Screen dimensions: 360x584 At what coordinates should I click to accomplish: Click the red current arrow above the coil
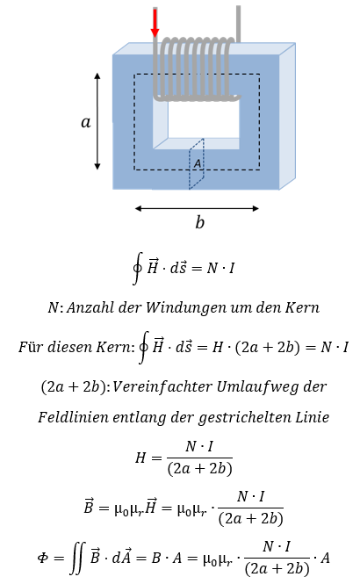point(155,23)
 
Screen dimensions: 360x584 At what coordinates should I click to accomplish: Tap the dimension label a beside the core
point(86,122)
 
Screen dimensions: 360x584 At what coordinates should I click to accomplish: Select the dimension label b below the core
point(200,222)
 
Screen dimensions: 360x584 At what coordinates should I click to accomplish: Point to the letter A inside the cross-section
point(198,163)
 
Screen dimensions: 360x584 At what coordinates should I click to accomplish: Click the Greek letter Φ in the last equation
point(43,558)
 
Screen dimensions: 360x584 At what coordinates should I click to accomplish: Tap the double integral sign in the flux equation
point(78,558)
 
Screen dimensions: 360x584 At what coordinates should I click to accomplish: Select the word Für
point(29,347)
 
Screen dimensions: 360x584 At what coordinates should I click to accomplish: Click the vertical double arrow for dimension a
point(97,121)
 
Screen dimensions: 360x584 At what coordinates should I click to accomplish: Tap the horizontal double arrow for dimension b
point(197,208)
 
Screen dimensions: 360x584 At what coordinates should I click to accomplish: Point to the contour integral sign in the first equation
point(137,268)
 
